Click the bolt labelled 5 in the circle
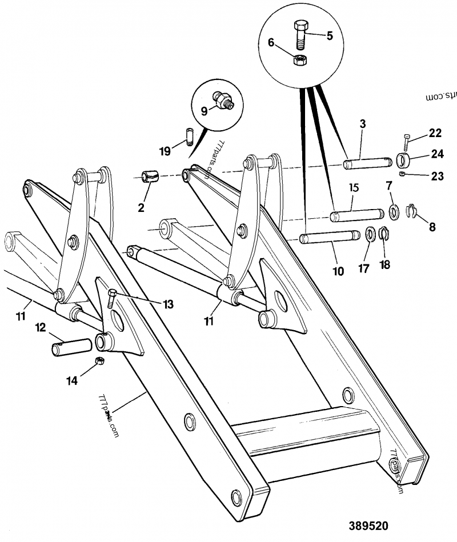(301, 35)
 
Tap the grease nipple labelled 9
(222, 100)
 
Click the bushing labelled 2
(151, 176)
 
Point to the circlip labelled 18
(384, 234)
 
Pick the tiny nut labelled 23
(403, 174)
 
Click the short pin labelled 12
(73, 347)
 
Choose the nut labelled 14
(98, 361)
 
